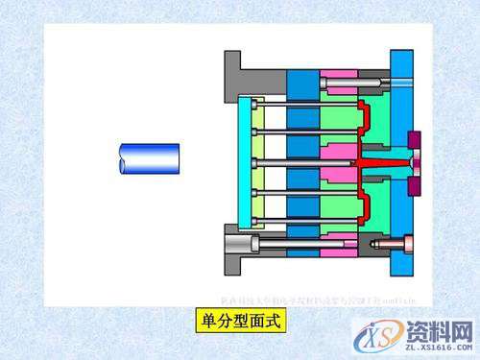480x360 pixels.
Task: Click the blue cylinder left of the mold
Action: pos(148,158)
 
